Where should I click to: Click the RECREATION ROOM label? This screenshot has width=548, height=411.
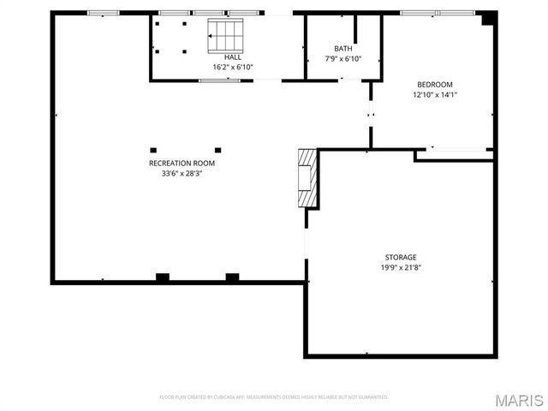coord(182,163)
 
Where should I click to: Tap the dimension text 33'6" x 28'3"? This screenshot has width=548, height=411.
coord(182,173)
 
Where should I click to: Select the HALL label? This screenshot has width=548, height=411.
coord(233,57)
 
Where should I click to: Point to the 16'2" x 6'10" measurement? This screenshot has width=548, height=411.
coord(233,67)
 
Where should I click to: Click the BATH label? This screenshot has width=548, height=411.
coord(342,49)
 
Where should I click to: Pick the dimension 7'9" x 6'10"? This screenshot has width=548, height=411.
coord(342,59)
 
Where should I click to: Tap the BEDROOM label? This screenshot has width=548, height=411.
coord(435,85)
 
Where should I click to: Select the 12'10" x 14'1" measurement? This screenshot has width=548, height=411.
coord(435,95)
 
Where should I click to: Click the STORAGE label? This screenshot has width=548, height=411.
coord(400,257)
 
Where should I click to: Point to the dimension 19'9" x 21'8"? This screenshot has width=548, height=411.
coord(400,267)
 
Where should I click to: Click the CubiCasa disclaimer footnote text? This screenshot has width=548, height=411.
coord(274,397)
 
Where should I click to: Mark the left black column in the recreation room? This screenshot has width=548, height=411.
coord(153,146)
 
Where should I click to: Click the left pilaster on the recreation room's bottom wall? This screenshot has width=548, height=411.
coord(162,277)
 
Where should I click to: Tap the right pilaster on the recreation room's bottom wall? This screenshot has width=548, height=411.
coord(232,277)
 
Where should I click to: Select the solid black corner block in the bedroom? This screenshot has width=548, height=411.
coord(488,18)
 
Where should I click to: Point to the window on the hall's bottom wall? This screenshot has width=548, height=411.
coord(219,80)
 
